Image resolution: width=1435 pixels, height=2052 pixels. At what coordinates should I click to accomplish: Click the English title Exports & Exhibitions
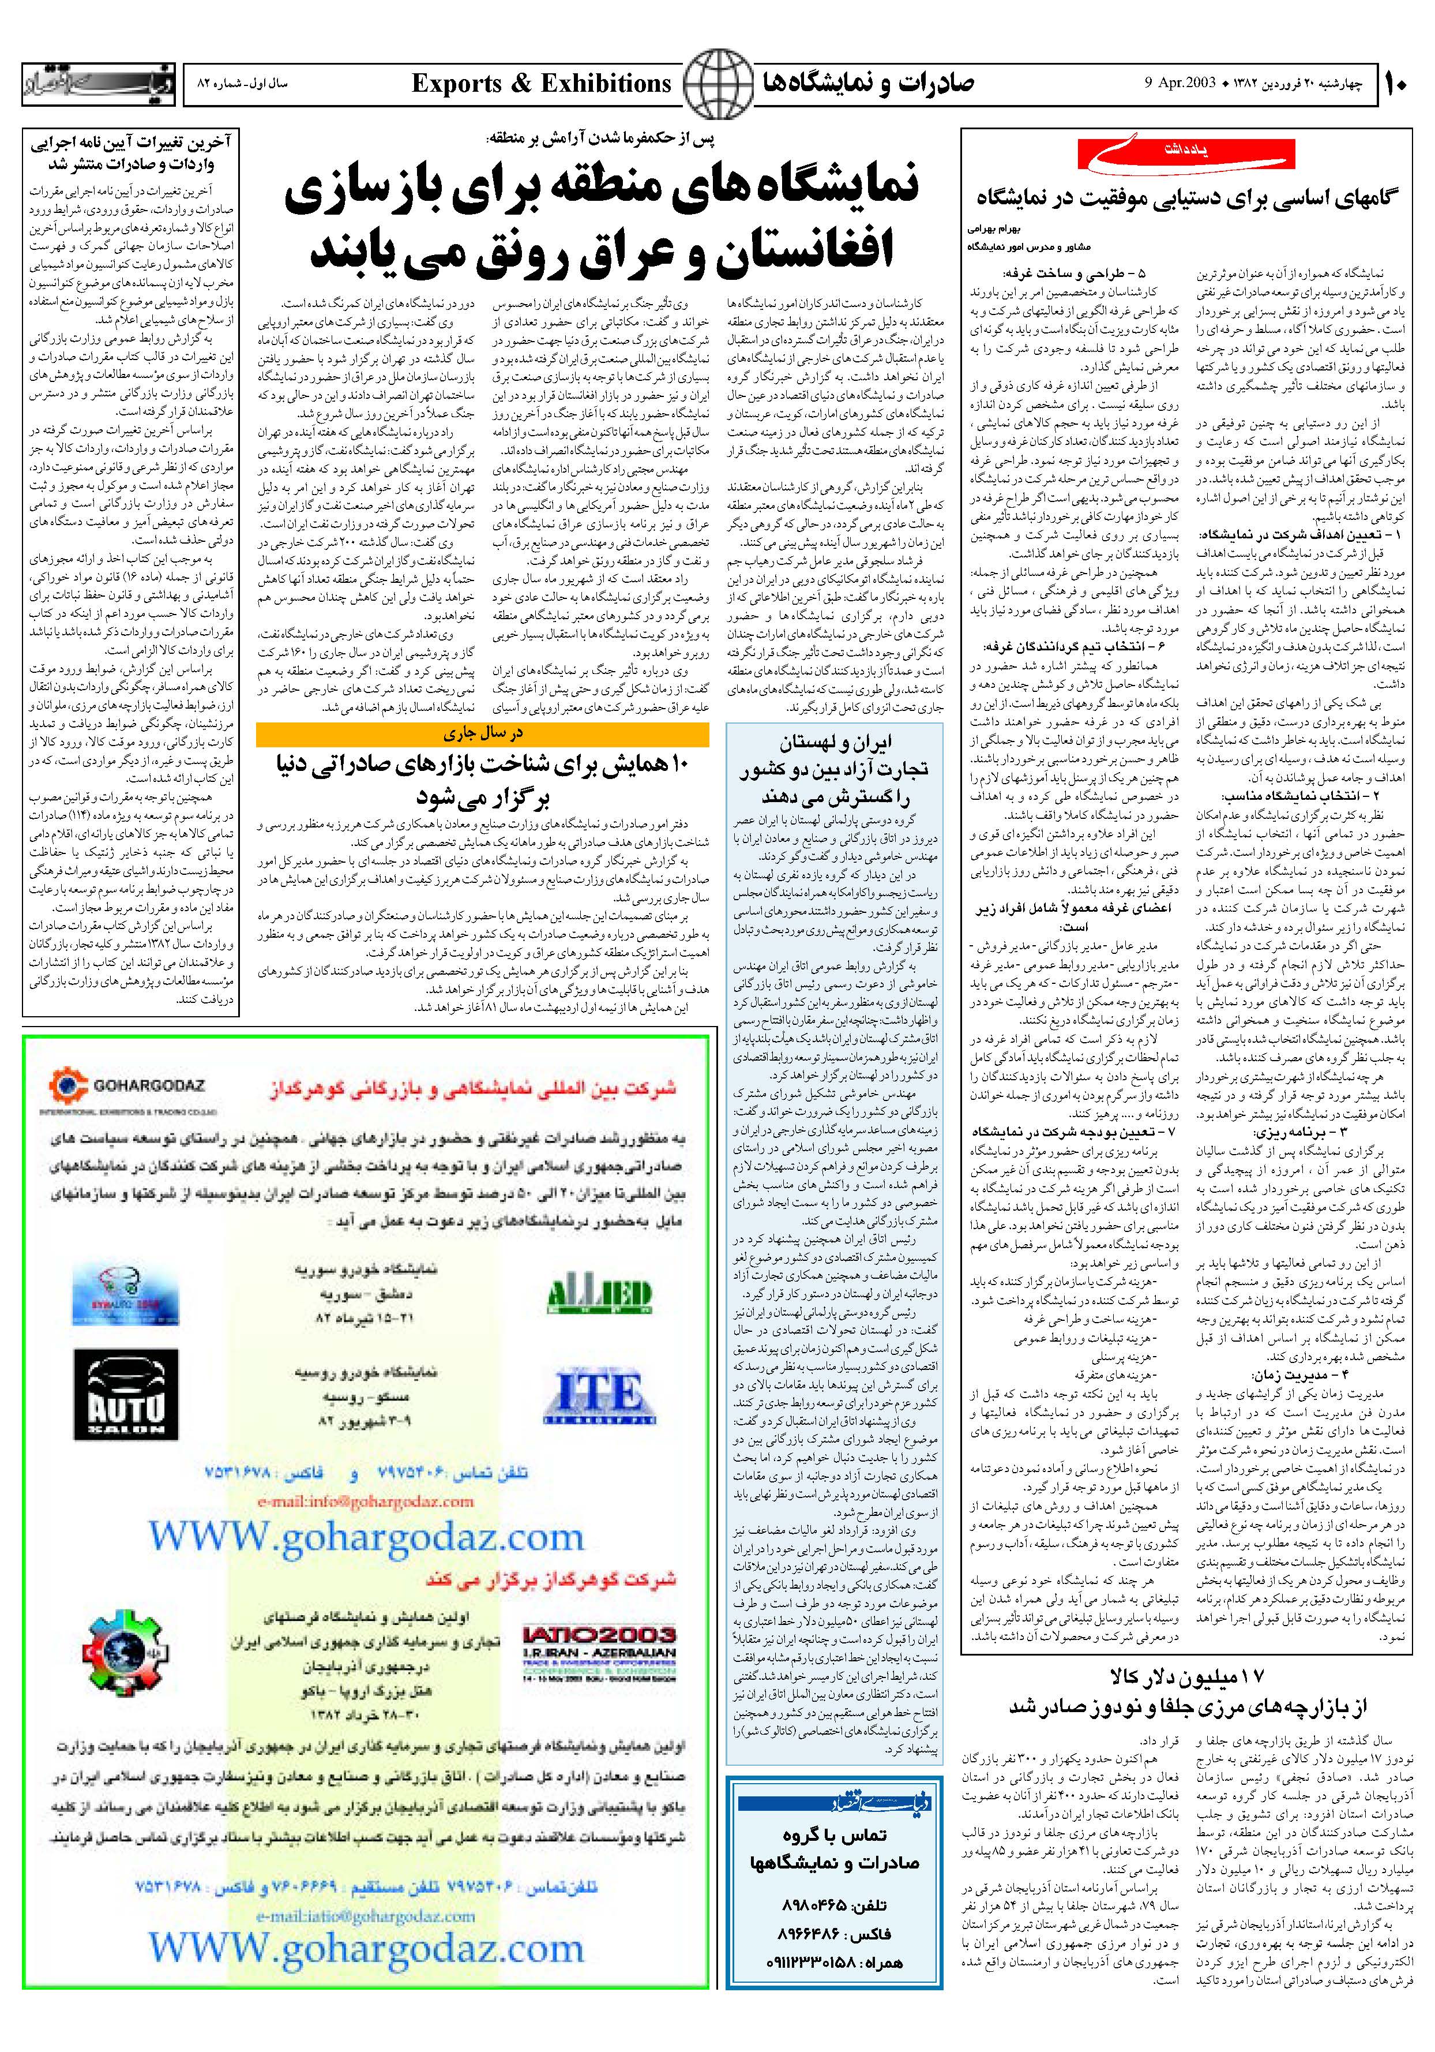coord(542,84)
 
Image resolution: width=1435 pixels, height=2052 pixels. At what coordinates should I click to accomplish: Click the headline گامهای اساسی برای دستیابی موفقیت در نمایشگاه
coord(1188,199)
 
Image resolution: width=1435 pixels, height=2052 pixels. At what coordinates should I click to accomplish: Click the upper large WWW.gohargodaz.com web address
coord(366,1536)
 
